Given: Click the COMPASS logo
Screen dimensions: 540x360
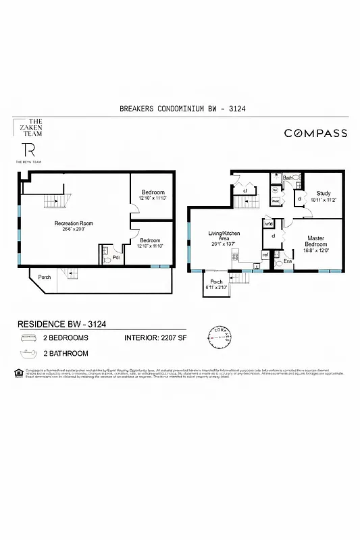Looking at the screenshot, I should [315, 134].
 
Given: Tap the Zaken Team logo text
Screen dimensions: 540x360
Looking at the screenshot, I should [28, 128].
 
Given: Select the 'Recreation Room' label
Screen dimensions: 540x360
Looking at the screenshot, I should [74, 223].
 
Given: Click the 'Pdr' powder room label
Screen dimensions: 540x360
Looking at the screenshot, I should [117, 256].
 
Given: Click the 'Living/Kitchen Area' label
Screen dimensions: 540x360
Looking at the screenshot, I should [224, 237].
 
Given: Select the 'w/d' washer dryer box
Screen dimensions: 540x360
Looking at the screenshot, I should [268, 224].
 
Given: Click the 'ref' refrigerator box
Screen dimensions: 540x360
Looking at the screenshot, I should [265, 255].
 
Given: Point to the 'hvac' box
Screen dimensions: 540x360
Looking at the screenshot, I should [276, 200].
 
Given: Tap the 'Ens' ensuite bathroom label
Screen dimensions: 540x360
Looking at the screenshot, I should [287, 261].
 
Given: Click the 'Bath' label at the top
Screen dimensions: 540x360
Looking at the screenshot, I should [287, 178].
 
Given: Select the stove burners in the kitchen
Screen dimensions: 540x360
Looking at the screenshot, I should [235, 255].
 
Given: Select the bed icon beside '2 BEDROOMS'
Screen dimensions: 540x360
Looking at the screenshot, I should [28, 337].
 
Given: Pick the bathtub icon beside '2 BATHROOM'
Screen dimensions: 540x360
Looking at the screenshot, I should [28, 353].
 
